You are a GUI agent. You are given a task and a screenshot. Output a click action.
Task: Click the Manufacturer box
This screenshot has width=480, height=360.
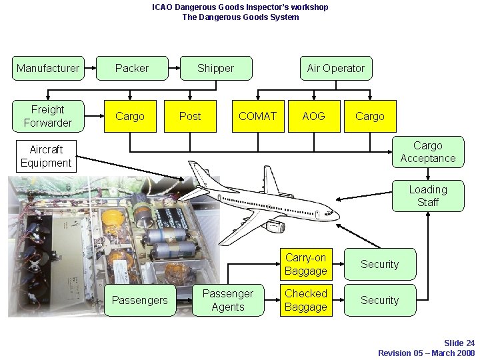(48, 68)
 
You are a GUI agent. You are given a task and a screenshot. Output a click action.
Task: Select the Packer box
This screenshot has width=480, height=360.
(132, 68)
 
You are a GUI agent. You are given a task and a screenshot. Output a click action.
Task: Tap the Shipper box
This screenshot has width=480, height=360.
(215, 68)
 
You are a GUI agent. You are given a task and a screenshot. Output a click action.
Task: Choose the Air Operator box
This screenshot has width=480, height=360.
(335, 68)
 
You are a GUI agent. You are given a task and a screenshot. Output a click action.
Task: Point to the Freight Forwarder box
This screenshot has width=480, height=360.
(48, 116)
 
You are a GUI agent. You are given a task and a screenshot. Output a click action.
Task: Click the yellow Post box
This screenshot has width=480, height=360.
(190, 116)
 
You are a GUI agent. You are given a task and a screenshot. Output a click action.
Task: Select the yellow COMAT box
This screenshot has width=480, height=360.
(257, 116)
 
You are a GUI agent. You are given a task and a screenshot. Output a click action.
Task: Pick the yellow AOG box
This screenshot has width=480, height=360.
(313, 116)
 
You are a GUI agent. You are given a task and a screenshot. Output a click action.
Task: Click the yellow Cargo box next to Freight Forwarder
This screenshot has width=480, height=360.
(130, 116)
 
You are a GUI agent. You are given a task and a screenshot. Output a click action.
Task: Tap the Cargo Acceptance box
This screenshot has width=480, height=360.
(427, 152)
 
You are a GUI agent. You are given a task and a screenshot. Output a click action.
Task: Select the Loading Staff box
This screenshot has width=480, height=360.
(427, 196)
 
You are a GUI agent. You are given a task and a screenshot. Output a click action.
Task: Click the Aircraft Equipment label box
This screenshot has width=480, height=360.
(46, 156)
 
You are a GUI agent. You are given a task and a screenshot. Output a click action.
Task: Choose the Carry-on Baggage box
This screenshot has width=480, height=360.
(305, 264)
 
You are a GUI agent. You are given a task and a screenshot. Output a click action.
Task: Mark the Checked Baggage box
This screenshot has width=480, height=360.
(305, 300)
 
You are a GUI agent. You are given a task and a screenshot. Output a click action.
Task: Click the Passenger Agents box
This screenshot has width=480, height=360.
(228, 300)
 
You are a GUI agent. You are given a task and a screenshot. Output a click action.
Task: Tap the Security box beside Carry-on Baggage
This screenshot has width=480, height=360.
(379, 264)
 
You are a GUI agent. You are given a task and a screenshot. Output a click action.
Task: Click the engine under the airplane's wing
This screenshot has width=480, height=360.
(275, 227)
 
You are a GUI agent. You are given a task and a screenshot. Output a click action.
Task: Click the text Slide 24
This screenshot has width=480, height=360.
(459, 343)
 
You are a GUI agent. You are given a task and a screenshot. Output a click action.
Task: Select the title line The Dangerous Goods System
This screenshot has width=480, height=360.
(240, 17)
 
